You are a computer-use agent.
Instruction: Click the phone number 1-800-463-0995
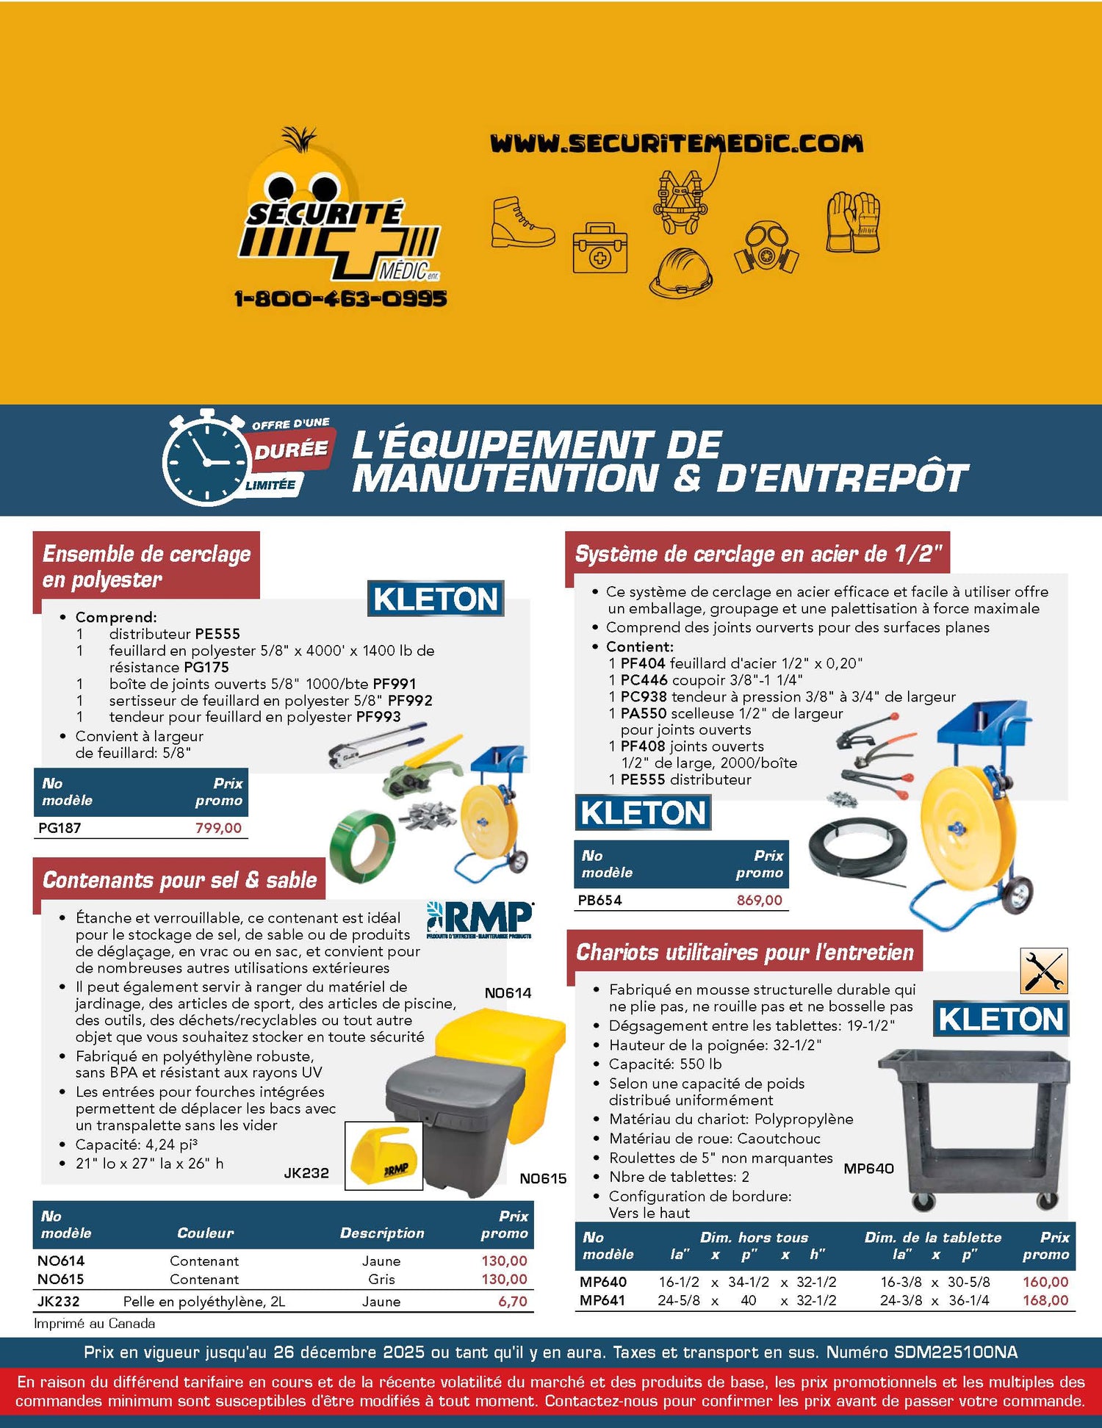tap(340, 298)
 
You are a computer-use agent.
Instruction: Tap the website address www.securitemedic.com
tap(677, 143)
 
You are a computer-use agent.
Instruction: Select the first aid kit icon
tap(600, 248)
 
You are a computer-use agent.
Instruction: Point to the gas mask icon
tap(766, 249)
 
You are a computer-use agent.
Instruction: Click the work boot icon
tap(522, 221)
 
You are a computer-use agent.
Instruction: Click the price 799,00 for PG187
tap(218, 828)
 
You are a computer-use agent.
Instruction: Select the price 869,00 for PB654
tap(760, 900)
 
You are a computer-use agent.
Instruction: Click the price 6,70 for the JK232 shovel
tap(513, 1301)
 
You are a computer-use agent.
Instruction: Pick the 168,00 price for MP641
tap(1045, 1299)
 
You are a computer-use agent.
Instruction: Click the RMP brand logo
tap(480, 920)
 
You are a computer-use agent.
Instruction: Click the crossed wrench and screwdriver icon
tap(1044, 971)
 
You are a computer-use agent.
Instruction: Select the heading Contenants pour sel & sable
tap(180, 879)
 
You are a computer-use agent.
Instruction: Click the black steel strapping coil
tap(860, 853)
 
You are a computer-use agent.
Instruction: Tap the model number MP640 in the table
tap(603, 1281)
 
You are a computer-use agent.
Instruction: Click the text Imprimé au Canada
tap(95, 1323)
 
